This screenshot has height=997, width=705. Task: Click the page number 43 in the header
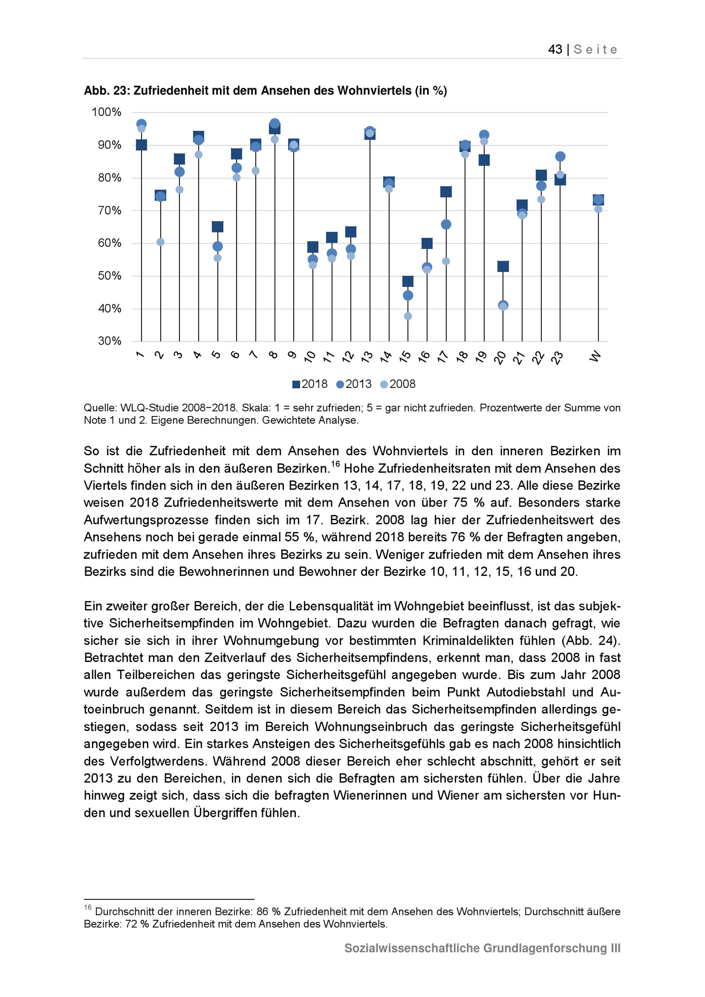[x=555, y=49]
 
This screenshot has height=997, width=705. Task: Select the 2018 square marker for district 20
[x=503, y=266]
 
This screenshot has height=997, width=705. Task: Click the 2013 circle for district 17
[x=446, y=224]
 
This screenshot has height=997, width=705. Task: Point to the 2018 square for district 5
[x=217, y=227]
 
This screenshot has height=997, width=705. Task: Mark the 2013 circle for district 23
[x=560, y=156]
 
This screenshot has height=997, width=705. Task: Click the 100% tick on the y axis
[x=106, y=112]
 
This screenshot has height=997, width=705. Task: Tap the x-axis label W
[x=596, y=356]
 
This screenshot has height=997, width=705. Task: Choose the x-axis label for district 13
[x=367, y=357]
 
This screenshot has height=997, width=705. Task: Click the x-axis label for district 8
[x=273, y=355]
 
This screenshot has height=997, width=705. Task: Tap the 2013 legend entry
[x=354, y=384]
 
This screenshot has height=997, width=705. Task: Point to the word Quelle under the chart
[x=100, y=408]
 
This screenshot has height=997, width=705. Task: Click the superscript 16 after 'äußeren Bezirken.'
[x=335, y=464]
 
